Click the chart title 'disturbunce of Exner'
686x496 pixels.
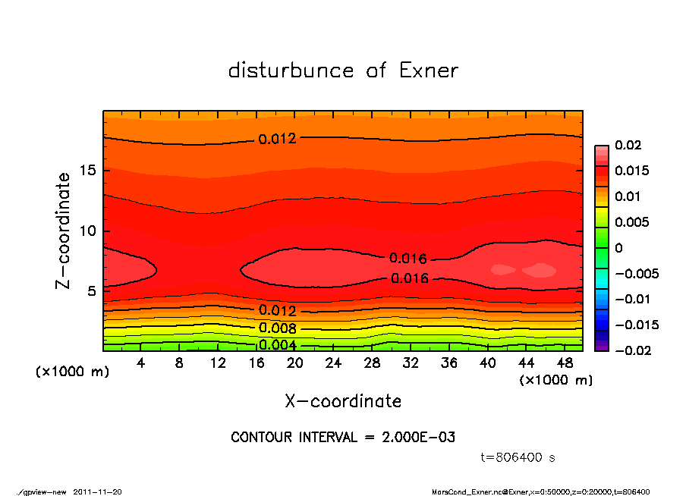tap(343, 71)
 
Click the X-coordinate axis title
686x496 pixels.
tap(343, 401)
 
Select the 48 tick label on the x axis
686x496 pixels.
tap(565, 363)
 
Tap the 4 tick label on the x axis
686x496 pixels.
tap(141, 363)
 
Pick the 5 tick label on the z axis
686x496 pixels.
tap(90, 290)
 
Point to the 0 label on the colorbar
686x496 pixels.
tap(618, 248)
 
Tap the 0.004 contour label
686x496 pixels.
tap(277, 345)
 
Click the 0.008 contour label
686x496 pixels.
tap(277, 328)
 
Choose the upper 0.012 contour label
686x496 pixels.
tap(277, 139)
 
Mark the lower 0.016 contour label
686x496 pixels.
tap(410, 278)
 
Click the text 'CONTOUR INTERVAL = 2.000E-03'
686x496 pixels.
tap(343, 438)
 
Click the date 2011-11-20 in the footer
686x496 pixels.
tap(97, 491)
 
